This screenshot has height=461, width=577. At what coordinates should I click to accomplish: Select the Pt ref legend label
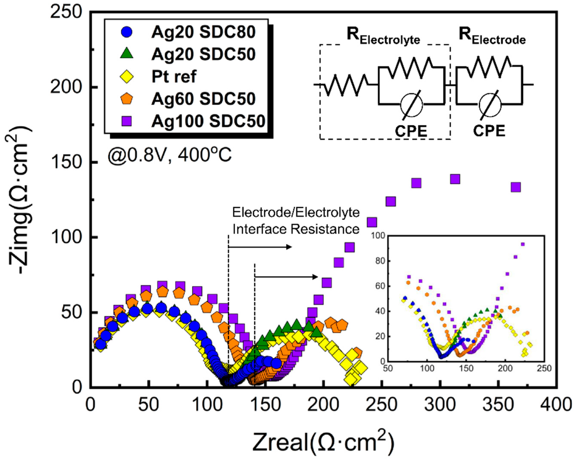pyautogui.click(x=174, y=77)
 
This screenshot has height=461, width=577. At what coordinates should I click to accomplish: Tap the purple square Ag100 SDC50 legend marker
pyautogui.click(x=127, y=121)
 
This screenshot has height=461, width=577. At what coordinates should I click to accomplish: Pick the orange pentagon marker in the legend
pyautogui.click(x=127, y=99)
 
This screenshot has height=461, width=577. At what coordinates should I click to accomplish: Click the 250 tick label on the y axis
pyautogui.click(x=66, y=12)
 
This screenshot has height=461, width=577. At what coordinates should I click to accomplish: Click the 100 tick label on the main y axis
pyautogui.click(x=66, y=237)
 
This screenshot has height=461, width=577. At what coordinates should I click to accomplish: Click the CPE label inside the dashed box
pyautogui.click(x=411, y=131)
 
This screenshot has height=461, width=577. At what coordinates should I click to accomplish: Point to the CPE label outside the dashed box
pyautogui.click(x=489, y=131)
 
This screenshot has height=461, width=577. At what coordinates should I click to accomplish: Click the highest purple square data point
pyautogui.click(x=455, y=179)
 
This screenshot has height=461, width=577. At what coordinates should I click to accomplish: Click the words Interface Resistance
pyautogui.click(x=296, y=229)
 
